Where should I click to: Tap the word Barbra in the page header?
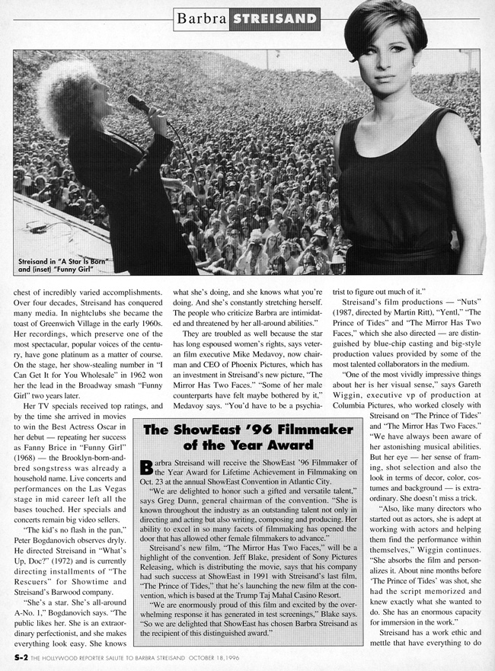[201, 17]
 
